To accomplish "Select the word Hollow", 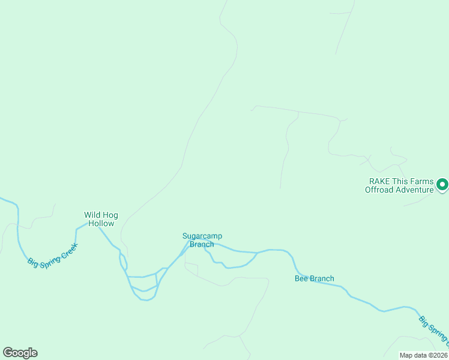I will coord(101,223).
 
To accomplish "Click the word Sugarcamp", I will coord(202,236).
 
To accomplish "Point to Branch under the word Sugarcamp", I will coord(202,244).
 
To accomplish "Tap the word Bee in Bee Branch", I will coord(301,278).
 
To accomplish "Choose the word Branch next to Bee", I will coord(322,278).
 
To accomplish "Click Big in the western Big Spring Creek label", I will coord(32,262).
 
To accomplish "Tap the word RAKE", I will coord(379,181).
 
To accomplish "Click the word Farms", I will coord(424,181).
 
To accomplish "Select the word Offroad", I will coord(379,190).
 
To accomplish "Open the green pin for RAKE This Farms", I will coord(442,185).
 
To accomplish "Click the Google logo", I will coord(20,353).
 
